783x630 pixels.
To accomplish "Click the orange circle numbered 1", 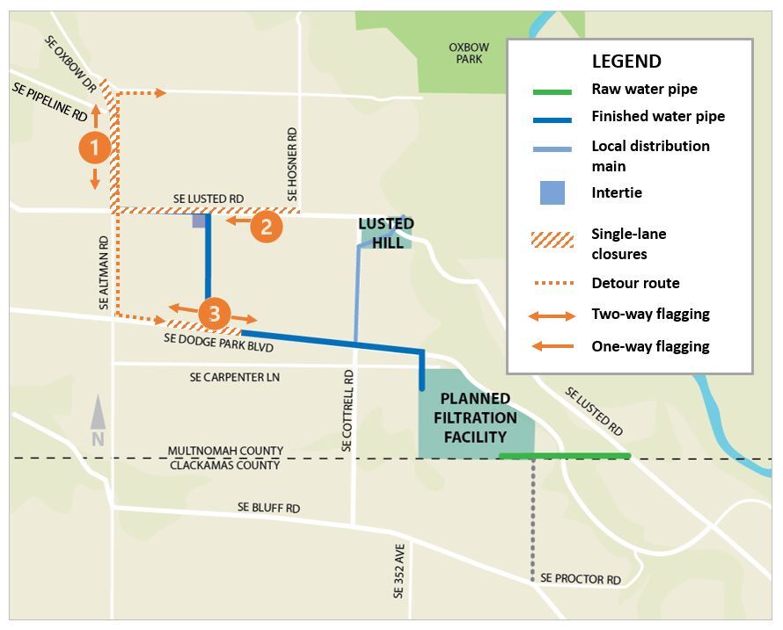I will point(95,148).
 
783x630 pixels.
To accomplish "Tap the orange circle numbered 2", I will point(266,227).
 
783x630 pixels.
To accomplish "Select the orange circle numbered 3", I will point(214,314).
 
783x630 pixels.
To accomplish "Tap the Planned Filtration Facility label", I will point(475,417).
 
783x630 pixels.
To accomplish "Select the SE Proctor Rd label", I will point(581,579).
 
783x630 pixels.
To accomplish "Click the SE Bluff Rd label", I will point(268,508).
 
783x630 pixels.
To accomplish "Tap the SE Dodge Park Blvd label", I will point(219,343).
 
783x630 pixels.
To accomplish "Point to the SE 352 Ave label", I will point(400,570).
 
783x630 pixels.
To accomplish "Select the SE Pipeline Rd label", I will point(50,101).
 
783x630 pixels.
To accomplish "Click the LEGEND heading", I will point(626,62).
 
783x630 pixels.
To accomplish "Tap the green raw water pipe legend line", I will point(552,91).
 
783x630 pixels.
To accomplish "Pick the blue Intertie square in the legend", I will point(552,192).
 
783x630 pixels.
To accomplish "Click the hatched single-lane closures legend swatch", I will point(552,241).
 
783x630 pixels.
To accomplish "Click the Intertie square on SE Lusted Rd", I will point(199,221).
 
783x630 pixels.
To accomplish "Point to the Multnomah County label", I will point(226,451).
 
